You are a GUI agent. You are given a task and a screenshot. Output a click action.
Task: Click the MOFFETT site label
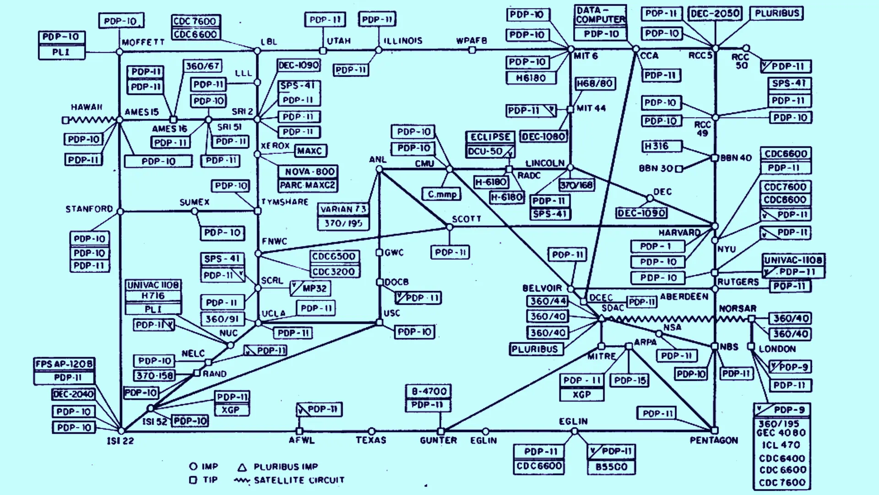(x=143, y=42)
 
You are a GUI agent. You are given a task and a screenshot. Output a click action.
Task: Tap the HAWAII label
(x=87, y=107)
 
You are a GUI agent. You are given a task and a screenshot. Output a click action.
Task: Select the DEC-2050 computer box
(x=715, y=13)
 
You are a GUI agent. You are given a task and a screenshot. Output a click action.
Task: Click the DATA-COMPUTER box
(x=600, y=15)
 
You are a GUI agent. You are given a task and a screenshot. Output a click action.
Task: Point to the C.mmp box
(x=442, y=194)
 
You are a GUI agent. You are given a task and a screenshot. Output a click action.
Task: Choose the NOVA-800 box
(x=308, y=172)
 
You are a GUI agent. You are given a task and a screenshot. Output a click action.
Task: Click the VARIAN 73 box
(x=343, y=209)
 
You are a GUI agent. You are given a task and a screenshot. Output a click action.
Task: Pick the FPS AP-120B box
(x=64, y=364)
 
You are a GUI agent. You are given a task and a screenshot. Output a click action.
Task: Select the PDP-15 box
(x=630, y=381)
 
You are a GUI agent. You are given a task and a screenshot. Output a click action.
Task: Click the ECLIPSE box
(x=490, y=137)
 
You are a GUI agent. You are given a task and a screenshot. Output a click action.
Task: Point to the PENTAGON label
(x=714, y=441)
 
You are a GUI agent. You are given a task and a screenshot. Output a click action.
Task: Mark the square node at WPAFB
(x=472, y=50)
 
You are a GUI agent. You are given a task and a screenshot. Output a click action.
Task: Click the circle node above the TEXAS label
(x=372, y=431)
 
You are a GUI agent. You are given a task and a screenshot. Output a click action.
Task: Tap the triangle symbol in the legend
(x=242, y=468)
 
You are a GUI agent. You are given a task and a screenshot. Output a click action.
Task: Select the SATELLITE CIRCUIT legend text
(x=298, y=480)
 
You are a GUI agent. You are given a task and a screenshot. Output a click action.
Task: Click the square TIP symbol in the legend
(x=193, y=480)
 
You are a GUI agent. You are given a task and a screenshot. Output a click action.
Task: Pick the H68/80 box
(x=595, y=84)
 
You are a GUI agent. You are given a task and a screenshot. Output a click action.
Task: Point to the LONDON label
(x=777, y=349)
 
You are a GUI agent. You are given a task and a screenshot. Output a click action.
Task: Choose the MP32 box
(x=311, y=288)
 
